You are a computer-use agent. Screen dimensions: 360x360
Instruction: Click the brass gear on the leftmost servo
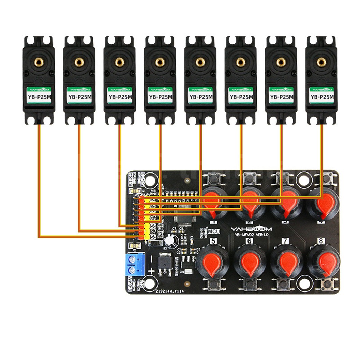point(39,62)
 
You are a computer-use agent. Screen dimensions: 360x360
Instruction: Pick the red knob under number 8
point(325,262)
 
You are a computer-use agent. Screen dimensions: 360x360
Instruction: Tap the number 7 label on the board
point(285,241)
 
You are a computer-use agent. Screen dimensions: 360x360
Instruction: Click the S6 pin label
point(153,226)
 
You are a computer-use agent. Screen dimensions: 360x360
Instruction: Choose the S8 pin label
point(153,237)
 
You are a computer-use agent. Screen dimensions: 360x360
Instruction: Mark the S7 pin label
point(153,231)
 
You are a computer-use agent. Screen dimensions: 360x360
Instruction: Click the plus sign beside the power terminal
point(151,272)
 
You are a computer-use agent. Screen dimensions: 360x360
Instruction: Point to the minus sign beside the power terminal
point(150,259)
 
